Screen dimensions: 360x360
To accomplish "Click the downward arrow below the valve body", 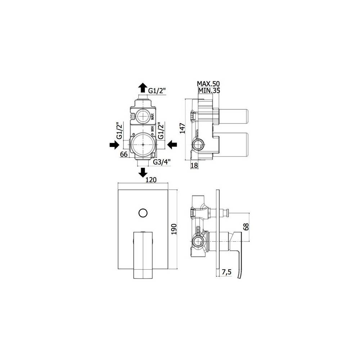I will (x=143, y=172).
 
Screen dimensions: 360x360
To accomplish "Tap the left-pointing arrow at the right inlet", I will (x=172, y=145).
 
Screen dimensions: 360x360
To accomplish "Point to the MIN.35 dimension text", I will (x=208, y=90).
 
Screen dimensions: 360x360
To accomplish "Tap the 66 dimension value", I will (x=124, y=154).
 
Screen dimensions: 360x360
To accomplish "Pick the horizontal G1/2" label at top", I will (x=158, y=91).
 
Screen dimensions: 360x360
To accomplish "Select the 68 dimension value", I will (x=246, y=226).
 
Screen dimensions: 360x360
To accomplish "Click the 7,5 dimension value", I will (x=227, y=273).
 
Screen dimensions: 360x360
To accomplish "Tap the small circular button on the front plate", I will (x=143, y=212).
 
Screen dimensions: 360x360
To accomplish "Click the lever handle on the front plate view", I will (x=143, y=254).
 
